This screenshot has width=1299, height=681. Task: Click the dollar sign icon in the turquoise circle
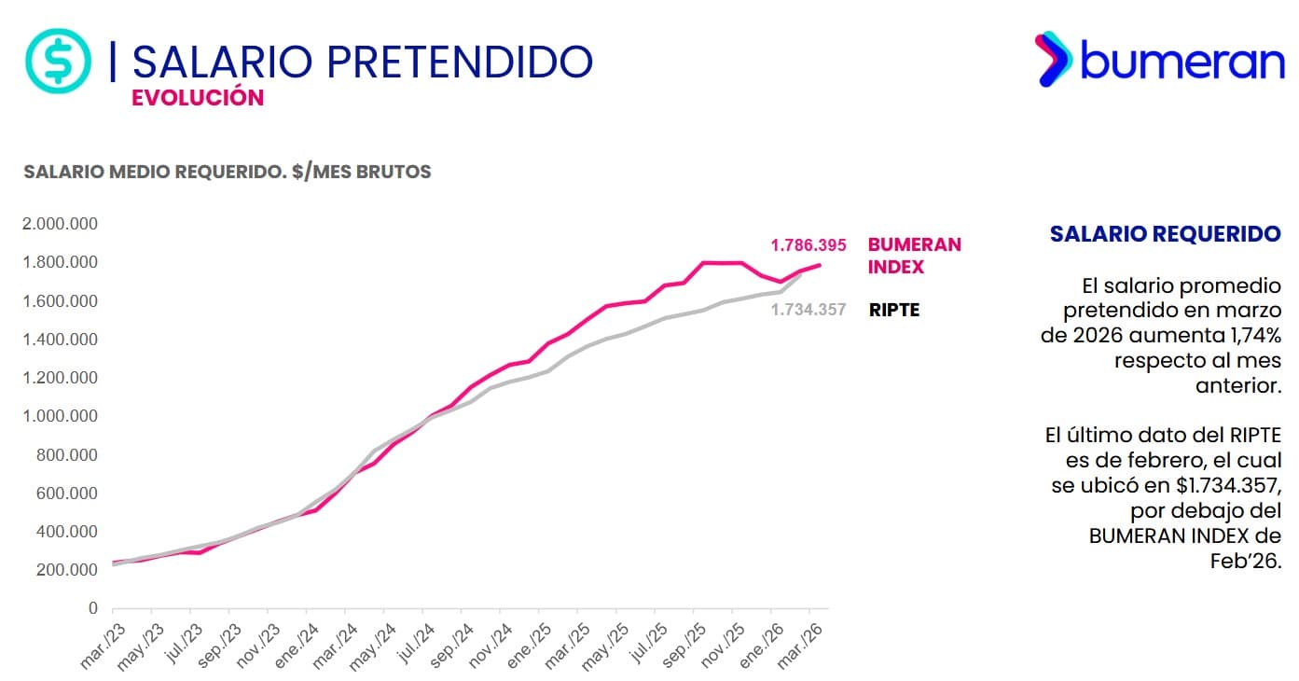point(58,61)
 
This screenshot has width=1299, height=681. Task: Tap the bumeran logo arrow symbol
point(1054,59)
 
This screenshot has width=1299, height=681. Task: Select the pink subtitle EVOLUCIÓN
point(198,98)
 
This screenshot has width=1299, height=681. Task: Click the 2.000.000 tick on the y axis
point(59,224)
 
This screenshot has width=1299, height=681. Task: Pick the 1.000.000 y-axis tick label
point(59,416)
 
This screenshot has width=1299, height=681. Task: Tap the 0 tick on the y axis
point(92,608)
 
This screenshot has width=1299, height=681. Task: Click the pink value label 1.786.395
point(808,245)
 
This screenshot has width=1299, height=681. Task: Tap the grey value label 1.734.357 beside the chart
point(808,310)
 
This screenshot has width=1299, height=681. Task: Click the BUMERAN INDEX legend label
point(914,256)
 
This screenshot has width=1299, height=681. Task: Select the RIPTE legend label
point(894,310)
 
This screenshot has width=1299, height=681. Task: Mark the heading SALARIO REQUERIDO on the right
point(1165,234)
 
